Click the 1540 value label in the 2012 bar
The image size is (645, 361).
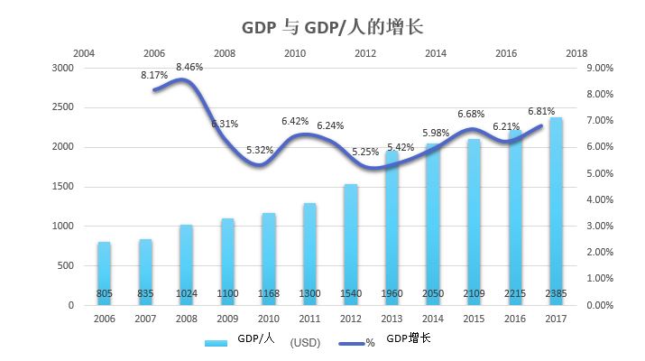click(351, 294)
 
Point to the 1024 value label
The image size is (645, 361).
click(187, 294)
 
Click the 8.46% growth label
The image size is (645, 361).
click(189, 67)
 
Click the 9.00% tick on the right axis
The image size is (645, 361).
click(600, 68)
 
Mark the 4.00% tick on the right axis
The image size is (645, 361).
click(600, 199)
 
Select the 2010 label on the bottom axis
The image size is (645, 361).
click(269, 319)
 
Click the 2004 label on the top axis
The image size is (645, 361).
click(84, 53)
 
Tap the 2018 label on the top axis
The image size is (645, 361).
click(576, 53)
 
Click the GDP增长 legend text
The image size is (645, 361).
click(408, 338)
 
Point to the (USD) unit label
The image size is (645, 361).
click(305, 343)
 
